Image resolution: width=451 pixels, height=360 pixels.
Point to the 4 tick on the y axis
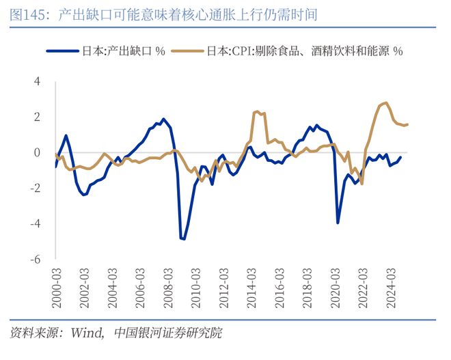[x=38, y=81]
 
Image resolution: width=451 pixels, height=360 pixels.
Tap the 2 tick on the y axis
[x=38, y=117]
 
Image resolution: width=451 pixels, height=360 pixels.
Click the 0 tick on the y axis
[x=38, y=152]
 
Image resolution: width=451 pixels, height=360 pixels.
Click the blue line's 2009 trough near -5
[x=183, y=238]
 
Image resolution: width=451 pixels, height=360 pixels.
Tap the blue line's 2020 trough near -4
[x=338, y=222]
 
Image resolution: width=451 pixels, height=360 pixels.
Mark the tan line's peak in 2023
[x=386, y=102]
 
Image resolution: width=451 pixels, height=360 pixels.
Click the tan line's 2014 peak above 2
[x=257, y=111]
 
